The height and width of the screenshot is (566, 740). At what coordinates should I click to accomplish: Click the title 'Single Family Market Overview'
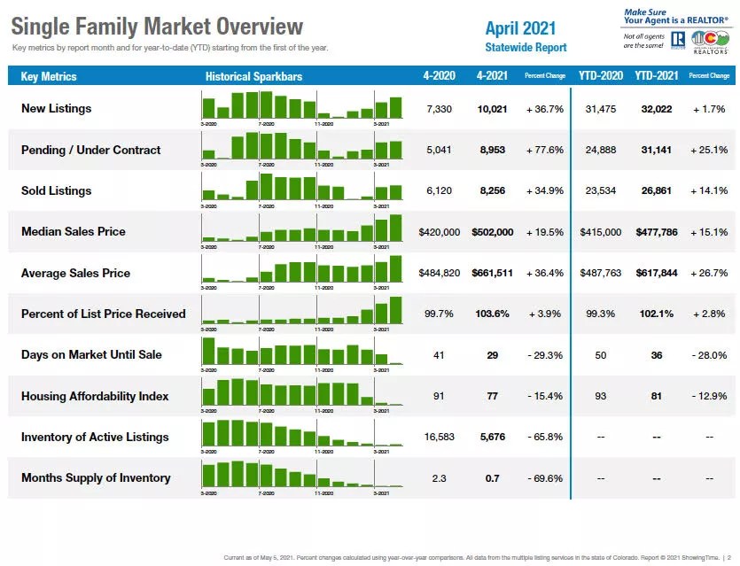pos(157,27)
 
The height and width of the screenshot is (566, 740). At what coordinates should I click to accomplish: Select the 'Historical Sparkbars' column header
pos(253,77)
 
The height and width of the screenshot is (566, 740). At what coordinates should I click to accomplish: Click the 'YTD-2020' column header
pos(601,76)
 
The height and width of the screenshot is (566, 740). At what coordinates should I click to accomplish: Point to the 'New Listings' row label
pos(56,109)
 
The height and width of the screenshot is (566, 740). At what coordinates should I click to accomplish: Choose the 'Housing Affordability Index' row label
pos(95,396)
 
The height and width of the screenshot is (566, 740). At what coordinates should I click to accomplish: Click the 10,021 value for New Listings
pos(493,109)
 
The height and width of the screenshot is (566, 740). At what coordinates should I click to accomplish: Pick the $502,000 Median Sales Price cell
pos(493,232)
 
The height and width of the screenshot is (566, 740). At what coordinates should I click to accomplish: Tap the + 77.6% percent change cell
pos(544,150)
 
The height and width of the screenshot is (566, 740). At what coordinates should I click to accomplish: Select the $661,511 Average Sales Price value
pos(493,273)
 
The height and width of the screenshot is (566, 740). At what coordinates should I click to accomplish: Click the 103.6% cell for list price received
pos(493,314)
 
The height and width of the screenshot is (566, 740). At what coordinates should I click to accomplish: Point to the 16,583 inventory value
pos(439,437)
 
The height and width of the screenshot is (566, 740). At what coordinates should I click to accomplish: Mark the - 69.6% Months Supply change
pos(544,478)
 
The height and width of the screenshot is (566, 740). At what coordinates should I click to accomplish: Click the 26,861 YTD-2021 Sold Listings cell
pos(656,190)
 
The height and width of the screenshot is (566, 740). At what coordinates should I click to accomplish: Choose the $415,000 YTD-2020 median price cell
pos(601,232)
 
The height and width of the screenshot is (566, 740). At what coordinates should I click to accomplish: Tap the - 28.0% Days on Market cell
pos(709,354)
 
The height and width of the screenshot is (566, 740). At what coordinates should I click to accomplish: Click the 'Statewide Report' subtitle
pos(526,47)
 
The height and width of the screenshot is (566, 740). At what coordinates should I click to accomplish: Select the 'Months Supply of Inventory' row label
pos(96,478)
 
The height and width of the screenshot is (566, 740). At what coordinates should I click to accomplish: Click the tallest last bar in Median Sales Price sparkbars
pos(395,228)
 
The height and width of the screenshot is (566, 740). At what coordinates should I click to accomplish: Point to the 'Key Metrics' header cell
pos(49,77)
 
